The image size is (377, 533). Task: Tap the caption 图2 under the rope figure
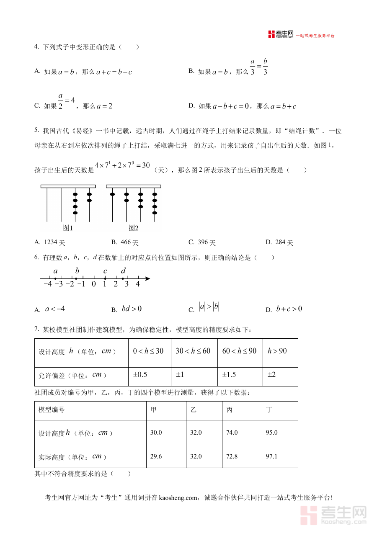(133, 228)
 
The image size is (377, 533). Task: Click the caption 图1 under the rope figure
(68, 228)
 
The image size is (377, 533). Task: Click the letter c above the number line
(105, 271)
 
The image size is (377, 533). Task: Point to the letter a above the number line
(55, 271)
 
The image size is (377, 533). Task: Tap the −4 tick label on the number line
(47, 284)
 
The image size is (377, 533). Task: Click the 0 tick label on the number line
(94, 284)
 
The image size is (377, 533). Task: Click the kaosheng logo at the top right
(281, 34)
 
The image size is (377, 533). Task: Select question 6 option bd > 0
(132, 309)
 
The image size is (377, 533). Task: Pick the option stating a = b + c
(283, 106)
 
